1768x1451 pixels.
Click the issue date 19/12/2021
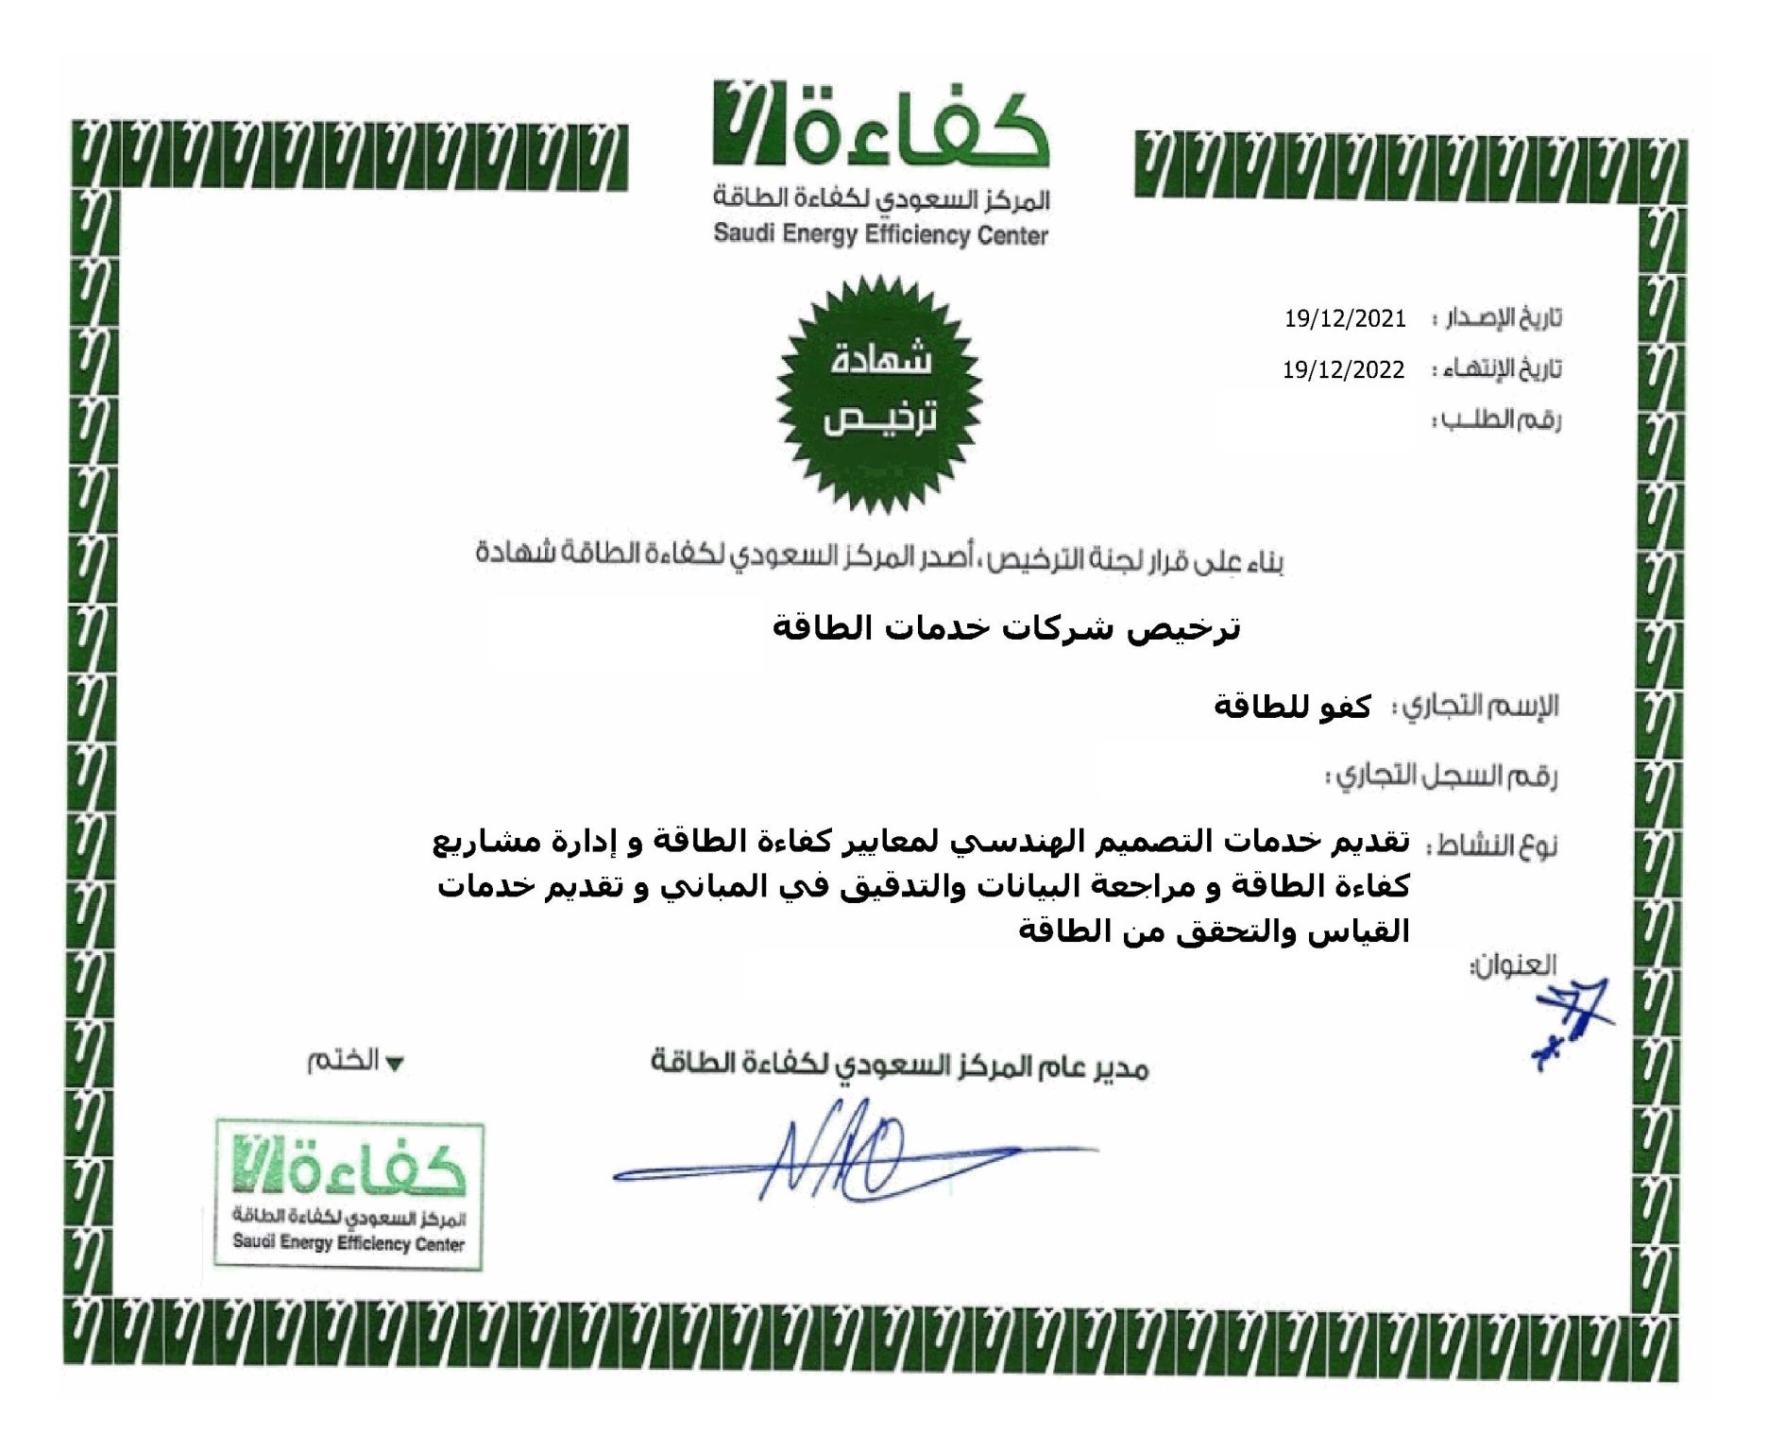pos(1345,318)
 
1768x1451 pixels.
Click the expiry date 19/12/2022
pos(1343,369)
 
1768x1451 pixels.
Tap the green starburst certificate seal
pos(879,394)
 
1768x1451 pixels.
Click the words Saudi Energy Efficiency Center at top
pos(880,234)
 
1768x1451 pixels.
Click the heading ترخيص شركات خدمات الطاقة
pos(1006,628)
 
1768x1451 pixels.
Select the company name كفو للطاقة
pos(1292,707)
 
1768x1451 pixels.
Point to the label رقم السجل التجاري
pos(1442,777)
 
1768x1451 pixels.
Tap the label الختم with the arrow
pos(355,1061)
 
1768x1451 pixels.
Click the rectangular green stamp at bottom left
pos(349,1195)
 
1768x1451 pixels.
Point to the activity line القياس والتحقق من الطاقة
pos(1213,931)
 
